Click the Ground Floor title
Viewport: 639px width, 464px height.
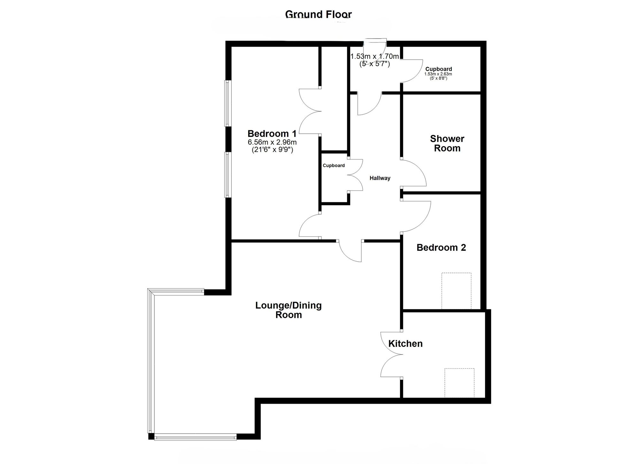click(318, 14)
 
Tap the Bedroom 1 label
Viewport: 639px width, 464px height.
click(272, 133)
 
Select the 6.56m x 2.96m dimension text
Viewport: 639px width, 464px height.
click(272, 142)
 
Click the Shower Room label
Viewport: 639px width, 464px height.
click(447, 143)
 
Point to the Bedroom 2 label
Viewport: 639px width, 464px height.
click(441, 247)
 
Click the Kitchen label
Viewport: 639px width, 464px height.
click(405, 343)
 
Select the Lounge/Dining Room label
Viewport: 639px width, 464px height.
click(289, 310)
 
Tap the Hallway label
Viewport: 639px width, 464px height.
click(380, 178)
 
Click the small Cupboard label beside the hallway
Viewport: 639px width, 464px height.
click(334, 165)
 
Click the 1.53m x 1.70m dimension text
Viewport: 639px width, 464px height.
click(374, 56)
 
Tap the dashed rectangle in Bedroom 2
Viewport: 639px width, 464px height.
click(456, 291)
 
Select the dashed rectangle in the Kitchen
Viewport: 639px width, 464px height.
click(459, 383)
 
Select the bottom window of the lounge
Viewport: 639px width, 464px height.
click(195, 437)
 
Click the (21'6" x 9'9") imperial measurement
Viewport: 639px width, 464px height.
click(272, 150)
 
